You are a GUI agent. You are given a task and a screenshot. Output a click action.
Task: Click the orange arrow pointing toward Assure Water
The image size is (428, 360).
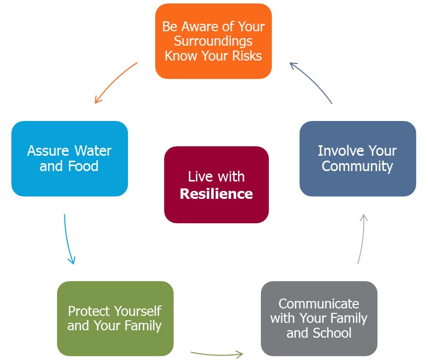tap(115, 81)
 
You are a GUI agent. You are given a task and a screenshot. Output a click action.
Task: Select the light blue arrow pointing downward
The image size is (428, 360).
tap(67, 240)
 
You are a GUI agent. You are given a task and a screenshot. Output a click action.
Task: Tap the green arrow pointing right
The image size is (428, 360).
tap(217, 354)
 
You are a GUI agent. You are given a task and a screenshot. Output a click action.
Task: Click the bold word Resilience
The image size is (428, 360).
tap(216, 194)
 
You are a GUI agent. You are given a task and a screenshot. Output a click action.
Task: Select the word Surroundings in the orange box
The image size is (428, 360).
tap(213, 42)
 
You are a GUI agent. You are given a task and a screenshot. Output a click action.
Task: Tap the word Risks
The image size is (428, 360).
tap(247, 56)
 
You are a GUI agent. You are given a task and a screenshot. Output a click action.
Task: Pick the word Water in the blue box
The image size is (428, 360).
tap(93, 151)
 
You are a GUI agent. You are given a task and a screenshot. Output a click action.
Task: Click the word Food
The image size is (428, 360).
tap(83, 166)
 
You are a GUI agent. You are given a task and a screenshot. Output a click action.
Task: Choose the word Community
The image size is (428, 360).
tap(357, 167)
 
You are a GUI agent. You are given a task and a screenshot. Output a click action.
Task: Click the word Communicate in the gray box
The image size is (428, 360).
tap(318, 304)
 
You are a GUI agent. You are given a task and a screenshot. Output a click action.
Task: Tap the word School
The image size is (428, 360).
tap(332, 333)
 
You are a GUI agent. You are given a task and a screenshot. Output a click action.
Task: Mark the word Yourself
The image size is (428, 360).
tap(138, 311)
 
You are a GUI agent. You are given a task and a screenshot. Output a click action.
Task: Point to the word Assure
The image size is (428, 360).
tap(48, 151)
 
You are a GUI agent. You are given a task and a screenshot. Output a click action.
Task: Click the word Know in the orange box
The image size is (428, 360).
tap(181, 56)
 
